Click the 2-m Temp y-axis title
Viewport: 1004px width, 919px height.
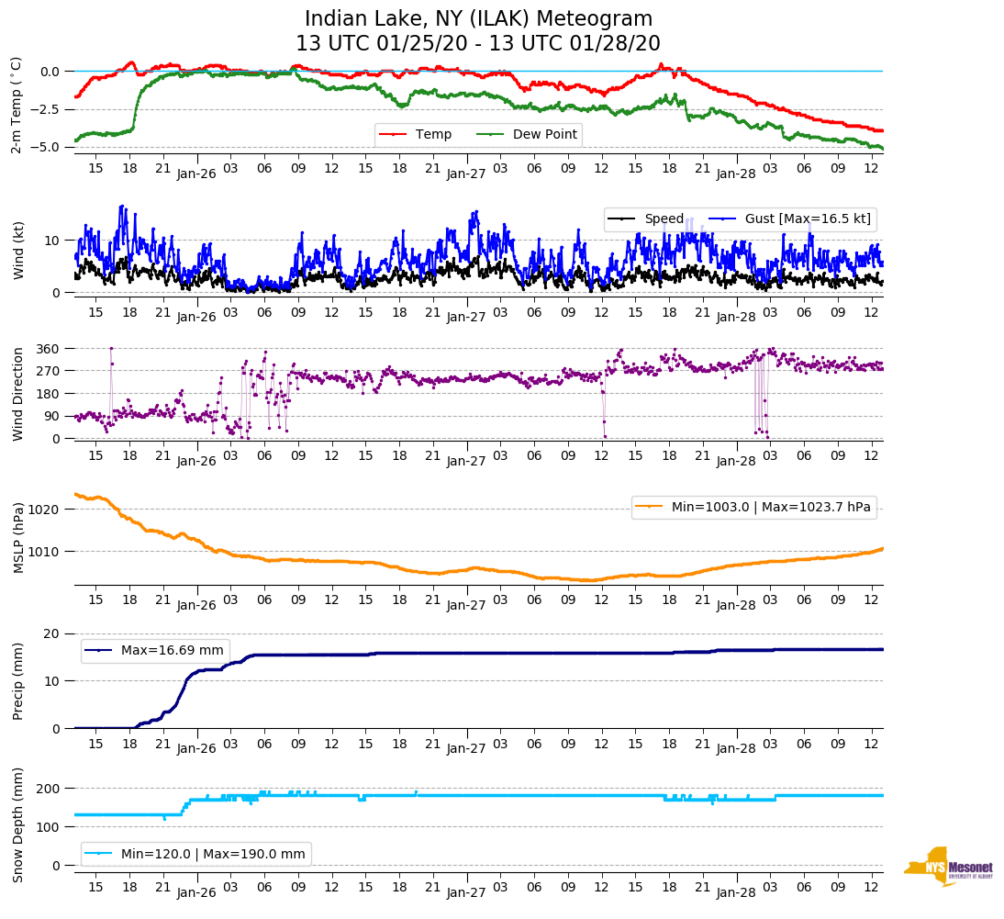pos(17,105)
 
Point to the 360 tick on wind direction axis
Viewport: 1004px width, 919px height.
pos(49,349)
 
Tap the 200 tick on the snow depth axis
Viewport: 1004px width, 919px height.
pos(49,789)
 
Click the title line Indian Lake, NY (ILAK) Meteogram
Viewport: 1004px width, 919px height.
pos(478,19)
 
